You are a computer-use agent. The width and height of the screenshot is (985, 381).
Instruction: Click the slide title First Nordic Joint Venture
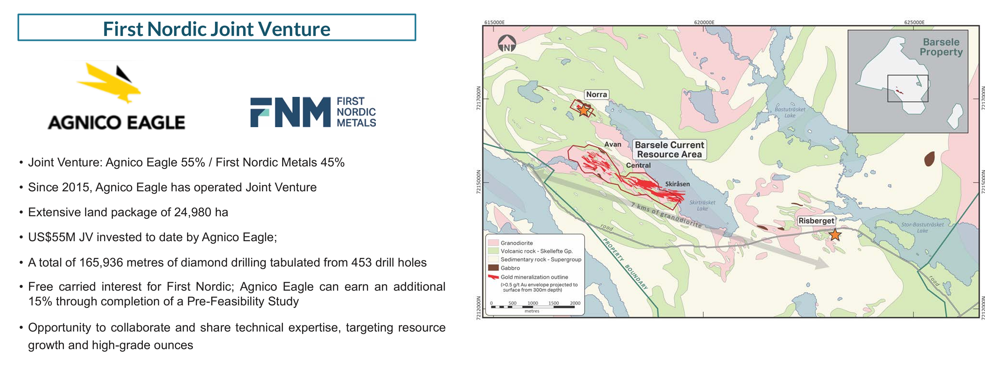coord(217,29)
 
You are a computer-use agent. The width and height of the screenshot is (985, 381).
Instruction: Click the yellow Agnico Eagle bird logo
coord(109,83)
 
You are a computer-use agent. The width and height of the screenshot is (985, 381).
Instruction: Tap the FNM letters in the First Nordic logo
coord(291,112)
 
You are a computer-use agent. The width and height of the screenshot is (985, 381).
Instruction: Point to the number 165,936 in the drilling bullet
coord(98,262)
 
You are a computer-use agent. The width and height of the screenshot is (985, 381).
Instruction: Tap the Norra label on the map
coord(596,94)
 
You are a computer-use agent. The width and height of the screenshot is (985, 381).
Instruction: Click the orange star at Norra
coord(583,110)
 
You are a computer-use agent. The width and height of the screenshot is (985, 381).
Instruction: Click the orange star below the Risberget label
coord(835,235)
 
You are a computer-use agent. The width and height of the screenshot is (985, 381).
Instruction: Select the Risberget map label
coord(816,221)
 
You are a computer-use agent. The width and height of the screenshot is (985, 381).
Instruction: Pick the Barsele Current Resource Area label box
coord(669,150)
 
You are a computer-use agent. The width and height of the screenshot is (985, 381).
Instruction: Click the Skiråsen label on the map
coord(677,184)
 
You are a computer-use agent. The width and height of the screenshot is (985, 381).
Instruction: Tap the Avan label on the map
coord(612,144)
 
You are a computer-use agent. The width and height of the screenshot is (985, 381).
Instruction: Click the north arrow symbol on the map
coord(507,43)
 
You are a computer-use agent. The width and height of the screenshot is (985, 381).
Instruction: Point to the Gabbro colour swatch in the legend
coord(493,268)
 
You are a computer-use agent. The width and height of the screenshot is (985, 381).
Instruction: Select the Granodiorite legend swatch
coord(493,243)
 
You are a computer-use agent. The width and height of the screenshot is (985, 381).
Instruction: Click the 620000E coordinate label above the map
coord(704,22)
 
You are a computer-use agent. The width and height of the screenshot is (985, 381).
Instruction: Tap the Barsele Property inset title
coord(941,47)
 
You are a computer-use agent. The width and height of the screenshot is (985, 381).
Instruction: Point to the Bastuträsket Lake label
coord(790,112)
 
